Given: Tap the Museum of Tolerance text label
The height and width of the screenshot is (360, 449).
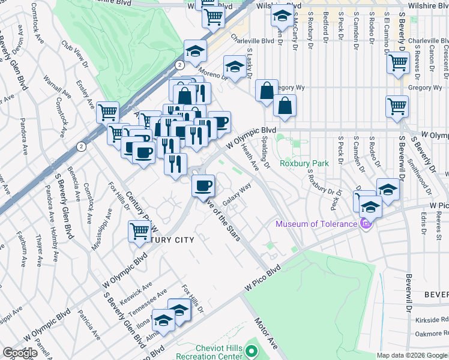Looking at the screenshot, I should [315, 224].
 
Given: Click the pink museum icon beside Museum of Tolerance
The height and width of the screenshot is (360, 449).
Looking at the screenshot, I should [364, 224].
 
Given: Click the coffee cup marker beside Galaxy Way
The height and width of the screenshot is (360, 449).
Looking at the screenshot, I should [203, 185].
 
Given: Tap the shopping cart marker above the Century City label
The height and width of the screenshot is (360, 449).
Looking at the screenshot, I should [140, 231].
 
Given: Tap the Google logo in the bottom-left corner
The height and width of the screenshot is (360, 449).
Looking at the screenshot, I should [19, 353].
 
